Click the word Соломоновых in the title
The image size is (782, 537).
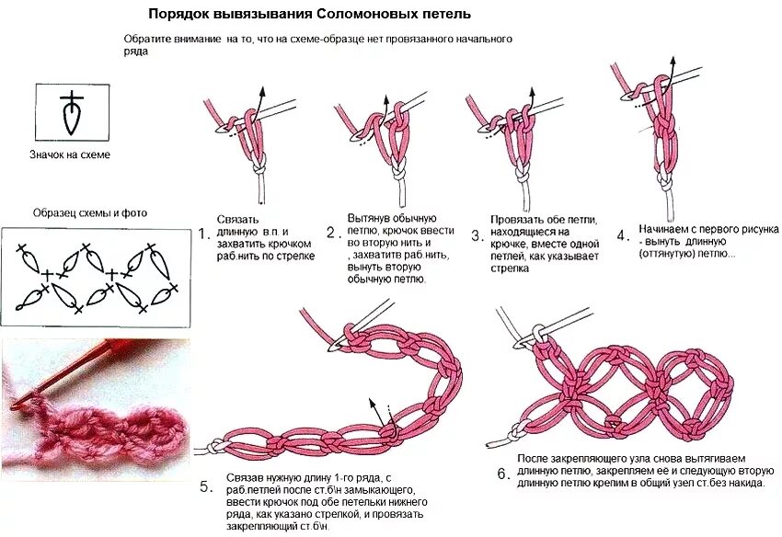(355, 15)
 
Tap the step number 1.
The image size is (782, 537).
(204, 234)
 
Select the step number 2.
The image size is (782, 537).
(332, 234)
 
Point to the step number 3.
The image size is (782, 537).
(477, 236)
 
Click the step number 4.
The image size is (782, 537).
(623, 235)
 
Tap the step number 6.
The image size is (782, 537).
(502, 474)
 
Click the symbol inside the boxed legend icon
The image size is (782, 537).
(72, 113)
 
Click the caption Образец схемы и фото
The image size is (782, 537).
(89, 213)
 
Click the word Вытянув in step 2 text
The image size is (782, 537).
(367, 218)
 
